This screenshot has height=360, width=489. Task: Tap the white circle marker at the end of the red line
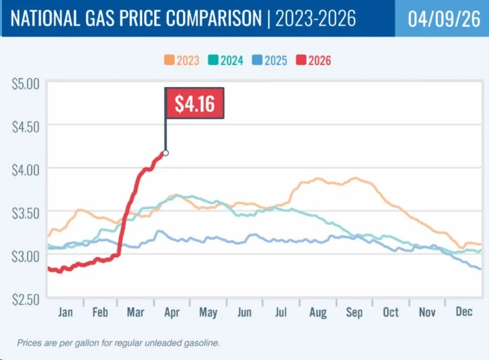166,153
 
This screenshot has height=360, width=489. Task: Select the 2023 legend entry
182,61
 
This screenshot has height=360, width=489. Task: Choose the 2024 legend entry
227,61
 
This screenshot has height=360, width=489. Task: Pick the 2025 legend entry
271,61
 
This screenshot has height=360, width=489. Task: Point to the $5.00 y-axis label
26,82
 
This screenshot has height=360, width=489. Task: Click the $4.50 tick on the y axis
26,126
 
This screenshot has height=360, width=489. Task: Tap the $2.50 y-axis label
26,299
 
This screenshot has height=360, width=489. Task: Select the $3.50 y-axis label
26,212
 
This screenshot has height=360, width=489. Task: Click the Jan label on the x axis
65,312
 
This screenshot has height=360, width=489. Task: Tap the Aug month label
318,312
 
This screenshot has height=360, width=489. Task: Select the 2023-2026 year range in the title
316,19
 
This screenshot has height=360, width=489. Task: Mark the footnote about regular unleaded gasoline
118,343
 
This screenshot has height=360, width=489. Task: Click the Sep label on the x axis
354,312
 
